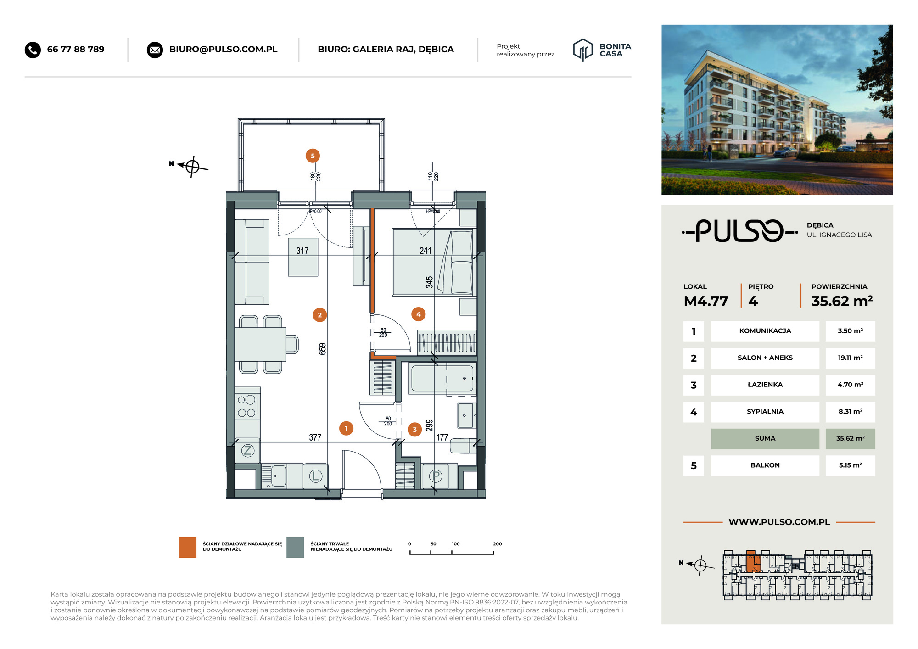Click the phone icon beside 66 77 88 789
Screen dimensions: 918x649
(33, 50)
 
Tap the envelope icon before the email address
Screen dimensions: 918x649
(155, 50)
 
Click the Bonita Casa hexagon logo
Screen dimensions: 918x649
(583, 50)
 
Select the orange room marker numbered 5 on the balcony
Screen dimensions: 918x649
(313, 156)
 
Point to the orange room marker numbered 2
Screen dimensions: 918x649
(320, 315)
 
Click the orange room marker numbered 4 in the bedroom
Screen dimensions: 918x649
(418, 314)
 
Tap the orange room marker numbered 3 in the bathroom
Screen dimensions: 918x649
(414, 430)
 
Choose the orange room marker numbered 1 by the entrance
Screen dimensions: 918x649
(346, 428)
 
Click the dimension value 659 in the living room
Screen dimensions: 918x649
(323, 349)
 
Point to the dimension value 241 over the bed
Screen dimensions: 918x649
(425, 251)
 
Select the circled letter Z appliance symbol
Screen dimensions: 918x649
(248, 450)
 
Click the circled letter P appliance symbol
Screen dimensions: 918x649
(435, 476)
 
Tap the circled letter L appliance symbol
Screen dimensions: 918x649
(315, 476)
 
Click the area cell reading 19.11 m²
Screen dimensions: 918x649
(850, 358)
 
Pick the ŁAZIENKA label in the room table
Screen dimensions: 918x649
(765, 385)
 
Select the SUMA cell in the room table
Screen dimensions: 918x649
(765, 439)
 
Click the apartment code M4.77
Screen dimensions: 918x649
(706, 301)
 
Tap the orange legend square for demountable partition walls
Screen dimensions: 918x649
(187, 547)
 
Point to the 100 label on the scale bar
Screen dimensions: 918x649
(455, 544)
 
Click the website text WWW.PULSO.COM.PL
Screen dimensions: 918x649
(779, 522)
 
